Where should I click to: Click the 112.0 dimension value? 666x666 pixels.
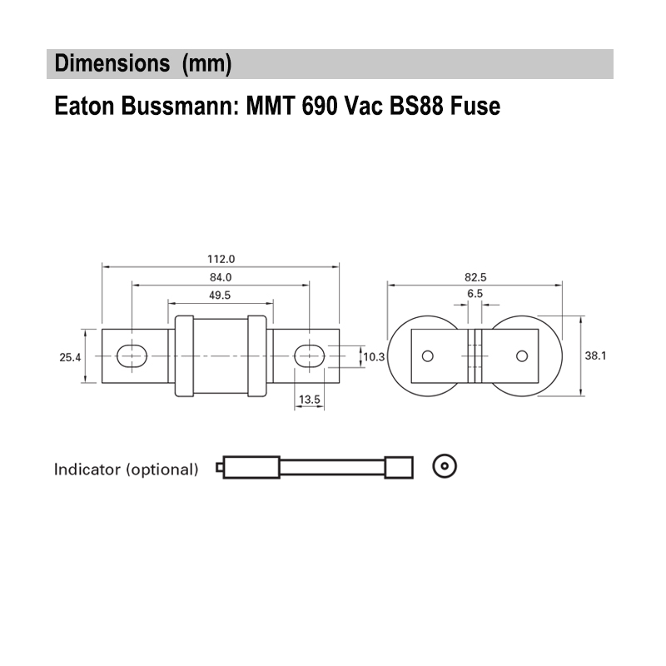tap(221, 259)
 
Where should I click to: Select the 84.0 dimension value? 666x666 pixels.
tap(221, 277)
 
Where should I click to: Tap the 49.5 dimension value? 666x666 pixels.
tap(221, 295)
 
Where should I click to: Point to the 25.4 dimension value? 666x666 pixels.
tap(70, 357)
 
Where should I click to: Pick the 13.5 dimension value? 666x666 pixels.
tap(310, 400)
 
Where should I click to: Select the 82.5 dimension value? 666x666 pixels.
tap(475, 277)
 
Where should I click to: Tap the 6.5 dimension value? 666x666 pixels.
tap(475, 295)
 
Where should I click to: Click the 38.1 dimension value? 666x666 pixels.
tap(594, 355)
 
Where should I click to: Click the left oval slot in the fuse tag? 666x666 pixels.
tap(132, 356)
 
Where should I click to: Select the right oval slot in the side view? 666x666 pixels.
tap(310, 356)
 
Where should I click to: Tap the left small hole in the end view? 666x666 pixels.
tap(428, 356)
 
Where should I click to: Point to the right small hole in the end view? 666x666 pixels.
tap(522, 356)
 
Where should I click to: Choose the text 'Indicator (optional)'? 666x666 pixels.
tap(127, 469)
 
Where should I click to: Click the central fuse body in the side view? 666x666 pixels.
tap(220, 356)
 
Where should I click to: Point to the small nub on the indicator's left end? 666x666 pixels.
tap(219, 468)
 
